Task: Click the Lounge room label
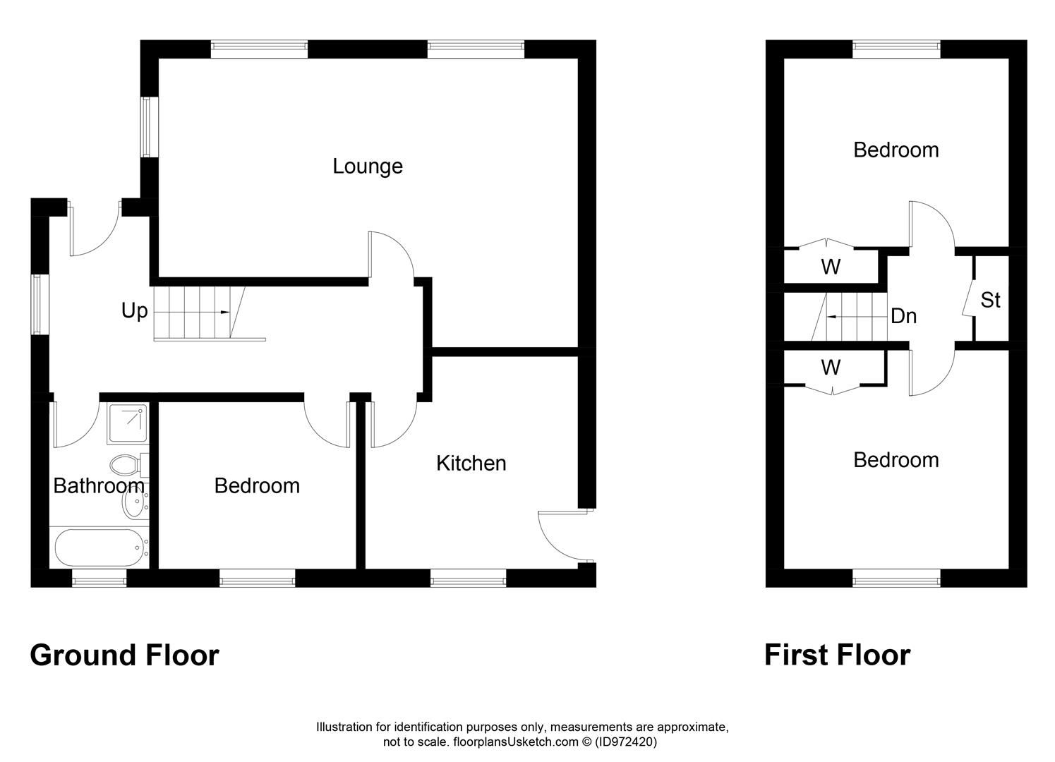(368, 167)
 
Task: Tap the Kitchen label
(471, 464)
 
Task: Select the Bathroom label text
(99, 486)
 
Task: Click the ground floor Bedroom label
(257, 486)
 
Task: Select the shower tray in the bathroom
(128, 424)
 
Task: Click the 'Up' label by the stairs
(134, 310)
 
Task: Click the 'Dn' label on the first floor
(903, 316)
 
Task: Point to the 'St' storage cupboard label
(990, 301)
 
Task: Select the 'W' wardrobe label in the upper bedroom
(831, 267)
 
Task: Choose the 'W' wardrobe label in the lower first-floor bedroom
(831, 368)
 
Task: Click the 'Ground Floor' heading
(124, 655)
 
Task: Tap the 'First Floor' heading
(837, 655)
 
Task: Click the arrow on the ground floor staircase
(224, 312)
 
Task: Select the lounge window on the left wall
(147, 127)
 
